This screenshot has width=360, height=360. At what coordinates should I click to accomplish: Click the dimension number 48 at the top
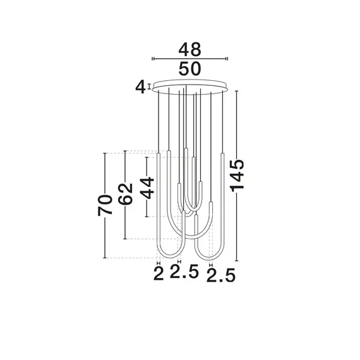[x=189, y=49]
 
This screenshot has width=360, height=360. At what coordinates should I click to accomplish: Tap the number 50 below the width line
[x=189, y=69]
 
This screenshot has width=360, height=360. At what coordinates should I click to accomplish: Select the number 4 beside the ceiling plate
[x=140, y=87]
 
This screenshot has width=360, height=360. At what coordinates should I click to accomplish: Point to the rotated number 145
[x=237, y=176]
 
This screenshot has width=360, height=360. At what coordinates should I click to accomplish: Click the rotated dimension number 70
[x=105, y=205]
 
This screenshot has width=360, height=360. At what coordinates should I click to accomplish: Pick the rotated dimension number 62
[x=125, y=194]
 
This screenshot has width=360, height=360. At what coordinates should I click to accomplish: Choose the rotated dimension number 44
[x=147, y=188]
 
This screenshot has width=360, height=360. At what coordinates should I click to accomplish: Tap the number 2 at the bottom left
[x=159, y=273]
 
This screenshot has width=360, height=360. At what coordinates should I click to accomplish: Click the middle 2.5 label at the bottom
[x=184, y=272]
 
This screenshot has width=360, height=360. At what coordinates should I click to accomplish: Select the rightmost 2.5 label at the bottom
[x=221, y=275]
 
